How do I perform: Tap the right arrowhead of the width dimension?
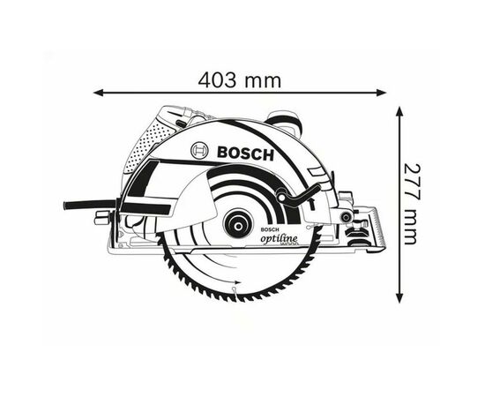tap(380, 91)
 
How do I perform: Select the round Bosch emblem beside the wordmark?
tap(200, 152)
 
